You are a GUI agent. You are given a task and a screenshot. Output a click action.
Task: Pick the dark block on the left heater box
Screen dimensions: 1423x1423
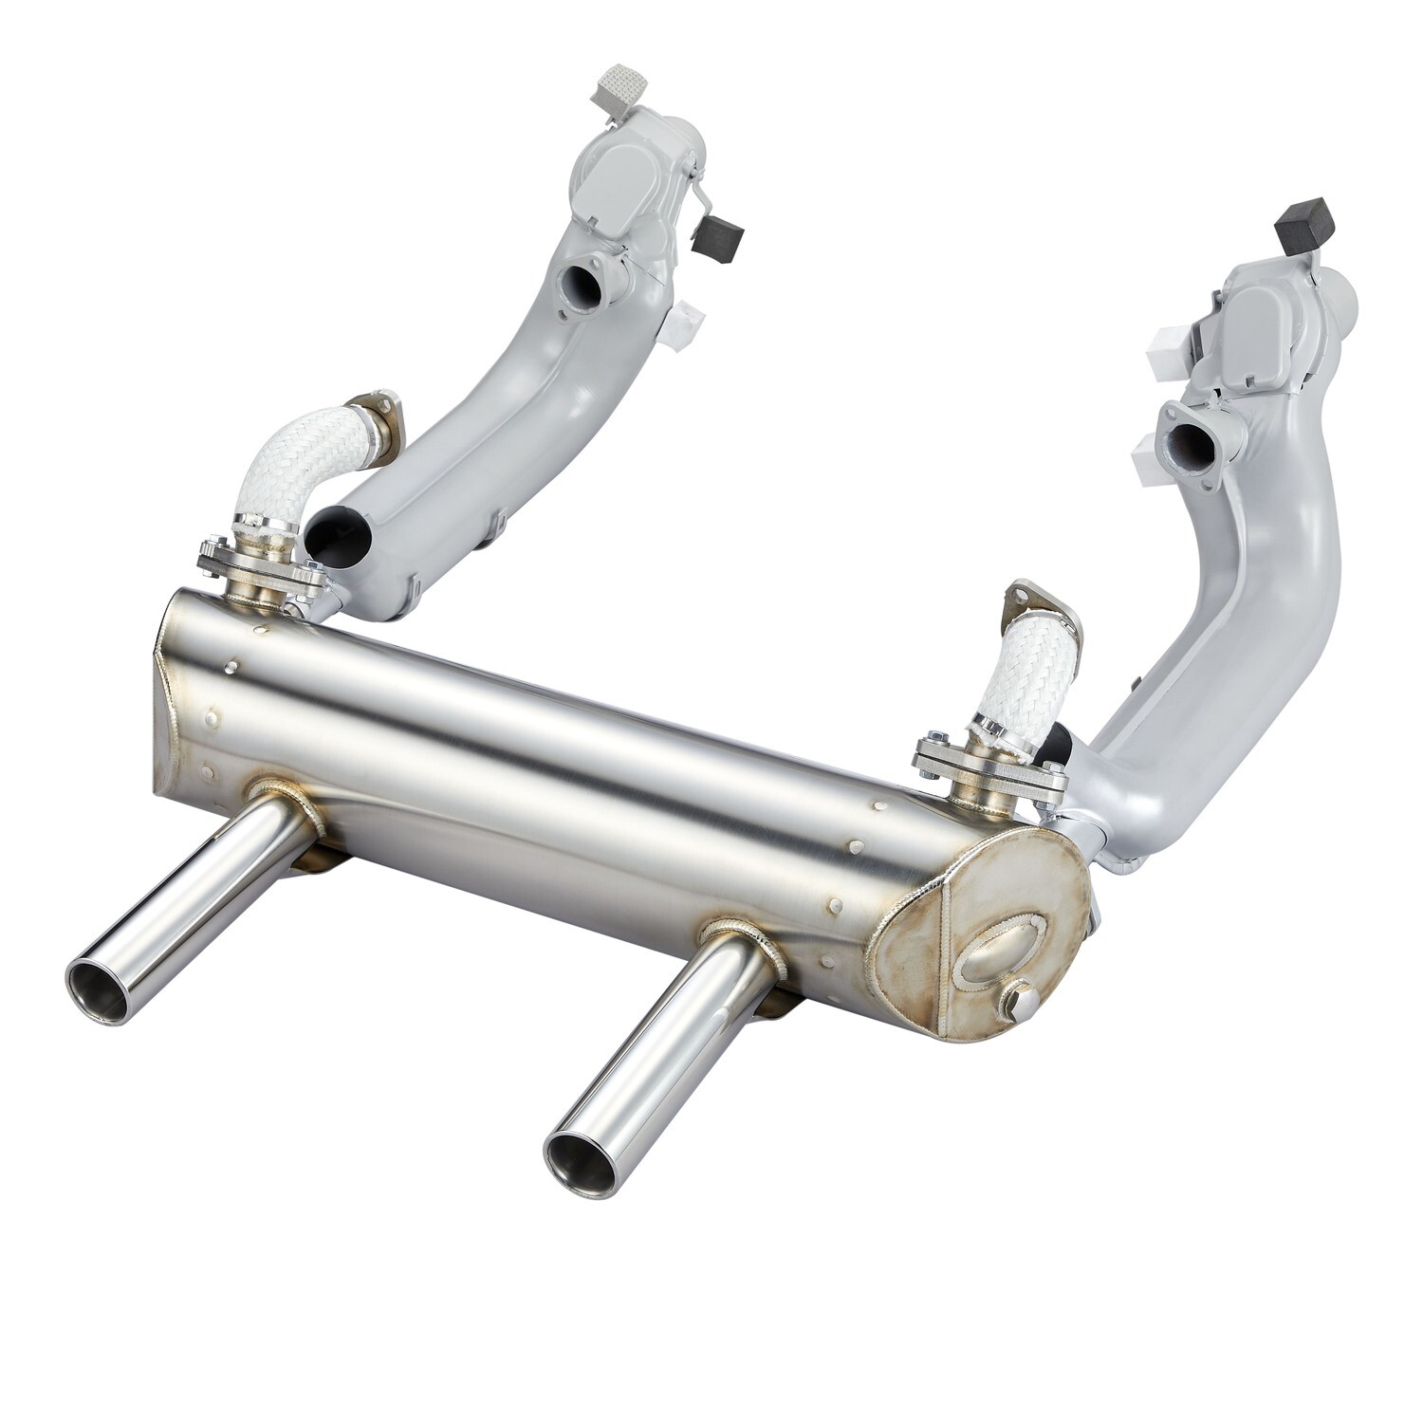tap(717, 234)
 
